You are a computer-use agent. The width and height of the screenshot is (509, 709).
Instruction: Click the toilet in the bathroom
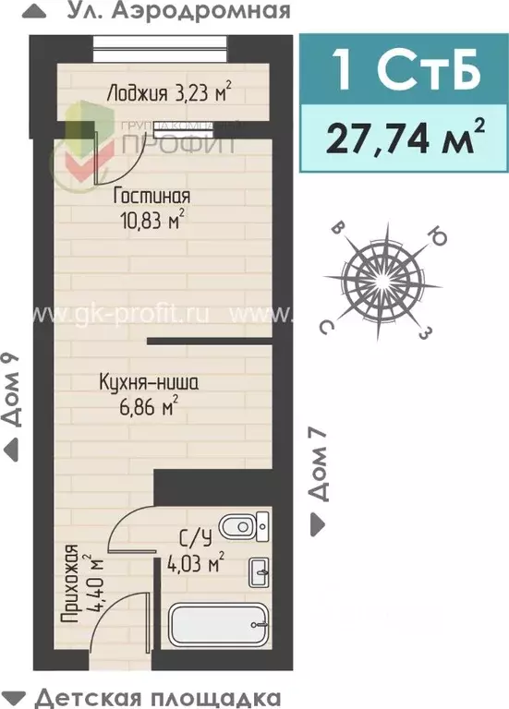[244, 527]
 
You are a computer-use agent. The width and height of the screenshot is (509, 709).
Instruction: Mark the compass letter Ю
[440, 240]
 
